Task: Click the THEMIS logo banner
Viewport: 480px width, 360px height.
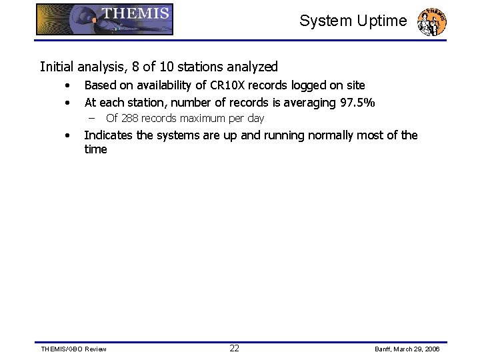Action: (105, 19)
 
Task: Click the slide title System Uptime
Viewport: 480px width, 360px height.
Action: (353, 21)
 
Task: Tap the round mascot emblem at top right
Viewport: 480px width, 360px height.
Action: (431, 21)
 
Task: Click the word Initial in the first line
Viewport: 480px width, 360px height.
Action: (55, 67)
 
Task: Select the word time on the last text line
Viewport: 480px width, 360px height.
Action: (95, 149)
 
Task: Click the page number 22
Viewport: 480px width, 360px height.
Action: (235, 348)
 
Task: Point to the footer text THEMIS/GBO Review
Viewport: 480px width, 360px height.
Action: (73, 349)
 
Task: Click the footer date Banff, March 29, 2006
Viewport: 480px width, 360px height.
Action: (407, 349)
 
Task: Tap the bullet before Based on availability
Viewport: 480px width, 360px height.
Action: (67, 86)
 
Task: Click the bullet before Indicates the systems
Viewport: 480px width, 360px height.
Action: (67, 136)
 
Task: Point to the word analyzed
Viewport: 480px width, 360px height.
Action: (253, 67)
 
